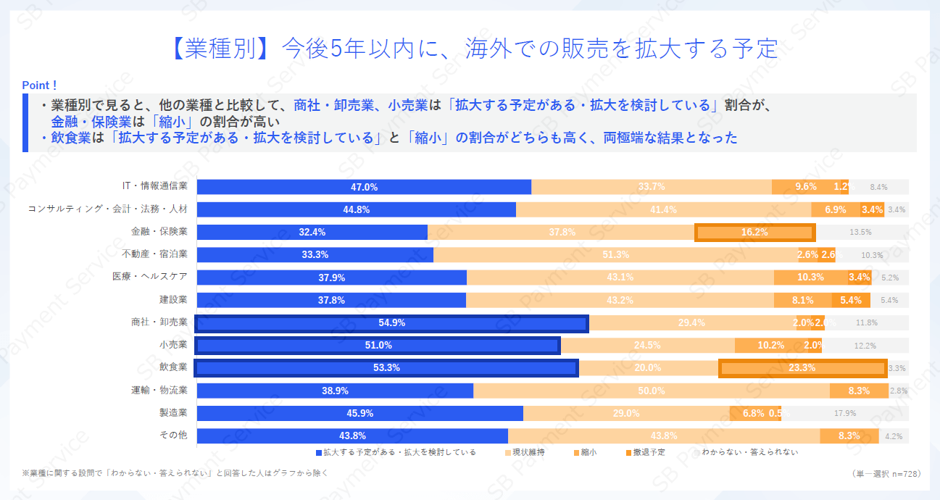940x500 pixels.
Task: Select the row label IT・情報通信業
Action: [x=155, y=187]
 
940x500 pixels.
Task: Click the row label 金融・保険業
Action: [x=159, y=232]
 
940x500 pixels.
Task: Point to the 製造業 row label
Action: [x=173, y=413]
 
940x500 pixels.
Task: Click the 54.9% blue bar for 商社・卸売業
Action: [x=391, y=323]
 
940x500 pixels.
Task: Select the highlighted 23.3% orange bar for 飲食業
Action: [x=802, y=368]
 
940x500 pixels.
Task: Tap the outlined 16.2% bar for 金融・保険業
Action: [x=754, y=233]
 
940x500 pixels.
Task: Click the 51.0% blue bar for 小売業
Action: [x=378, y=346]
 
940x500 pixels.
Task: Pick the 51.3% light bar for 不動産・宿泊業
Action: [x=615, y=255]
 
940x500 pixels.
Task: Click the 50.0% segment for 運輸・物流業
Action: [x=651, y=391]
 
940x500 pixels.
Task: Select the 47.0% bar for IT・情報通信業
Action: [x=364, y=187]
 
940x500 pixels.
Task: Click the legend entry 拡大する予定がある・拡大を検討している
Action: [x=396, y=452]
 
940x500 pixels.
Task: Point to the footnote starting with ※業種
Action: [x=175, y=473]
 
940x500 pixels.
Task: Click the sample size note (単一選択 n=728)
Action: [x=886, y=473]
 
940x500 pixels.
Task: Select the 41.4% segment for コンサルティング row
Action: [x=663, y=209]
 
